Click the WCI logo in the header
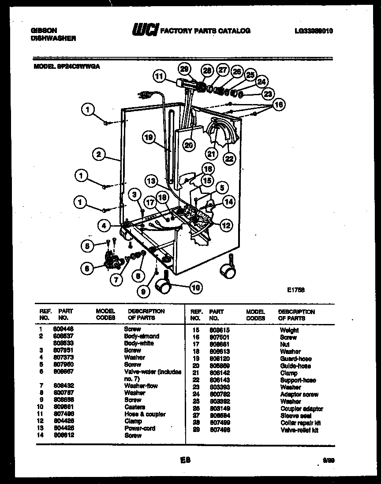click(x=145, y=30)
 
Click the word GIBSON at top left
click(x=43, y=30)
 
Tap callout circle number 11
click(x=159, y=76)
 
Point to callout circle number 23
click(x=268, y=93)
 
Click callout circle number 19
click(x=149, y=138)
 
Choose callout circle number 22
click(x=229, y=158)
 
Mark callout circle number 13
click(x=152, y=180)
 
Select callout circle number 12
click(x=225, y=226)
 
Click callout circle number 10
click(x=194, y=288)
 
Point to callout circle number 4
click(x=105, y=226)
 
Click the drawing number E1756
click(x=296, y=290)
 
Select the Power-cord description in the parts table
click(x=139, y=428)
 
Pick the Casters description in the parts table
click(x=134, y=407)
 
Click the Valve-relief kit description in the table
click(x=299, y=430)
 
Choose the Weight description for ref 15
click(x=289, y=330)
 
